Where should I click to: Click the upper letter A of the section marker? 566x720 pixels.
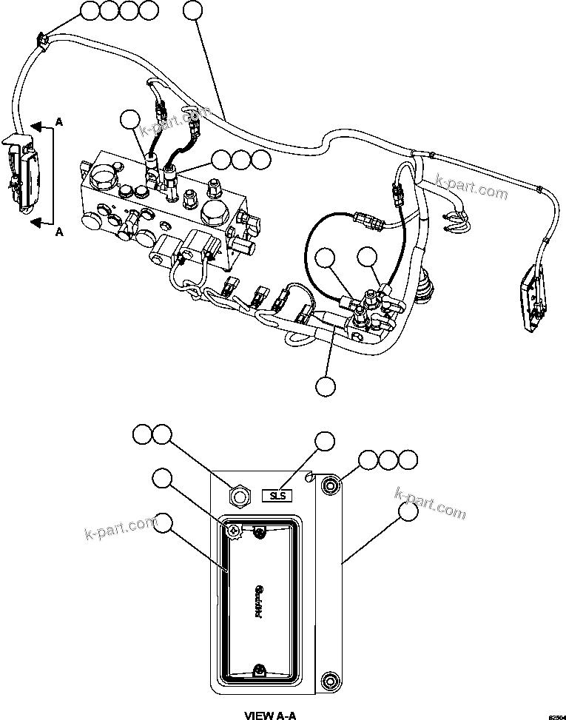(58, 124)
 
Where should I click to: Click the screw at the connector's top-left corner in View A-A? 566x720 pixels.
(233, 530)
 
